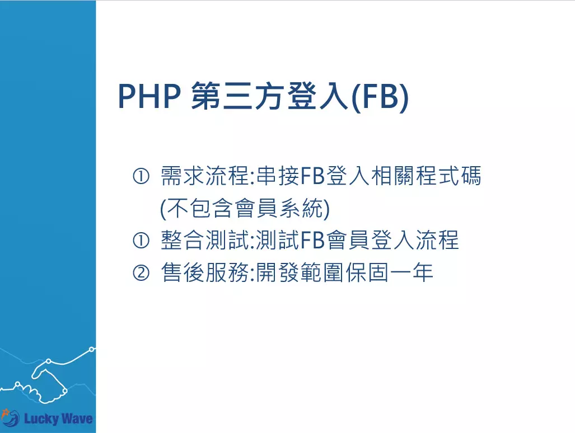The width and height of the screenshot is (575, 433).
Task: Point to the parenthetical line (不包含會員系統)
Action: (x=245, y=209)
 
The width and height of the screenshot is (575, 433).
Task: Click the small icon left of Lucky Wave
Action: (x=10, y=417)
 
